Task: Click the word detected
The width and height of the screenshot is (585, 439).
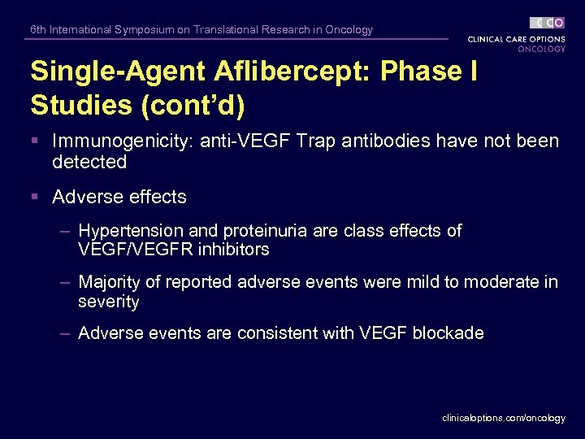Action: click(x=89, y=162)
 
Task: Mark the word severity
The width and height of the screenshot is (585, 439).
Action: click(x=109, y=302)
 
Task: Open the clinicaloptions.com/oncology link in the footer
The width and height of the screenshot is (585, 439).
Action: click(x=503, y=418)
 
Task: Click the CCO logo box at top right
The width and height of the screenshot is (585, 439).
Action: click(x=547, y=23)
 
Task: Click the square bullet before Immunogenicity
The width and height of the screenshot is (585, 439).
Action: click(x=36, y=141)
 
